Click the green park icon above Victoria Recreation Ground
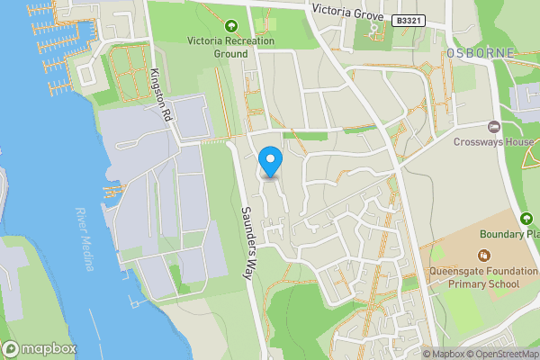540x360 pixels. pos(230,25)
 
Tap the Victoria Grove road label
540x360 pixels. pos(347,11)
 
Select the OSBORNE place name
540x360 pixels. pos(481,53)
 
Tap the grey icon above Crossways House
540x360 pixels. pos(493,126)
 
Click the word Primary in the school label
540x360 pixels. pos(459,284)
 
